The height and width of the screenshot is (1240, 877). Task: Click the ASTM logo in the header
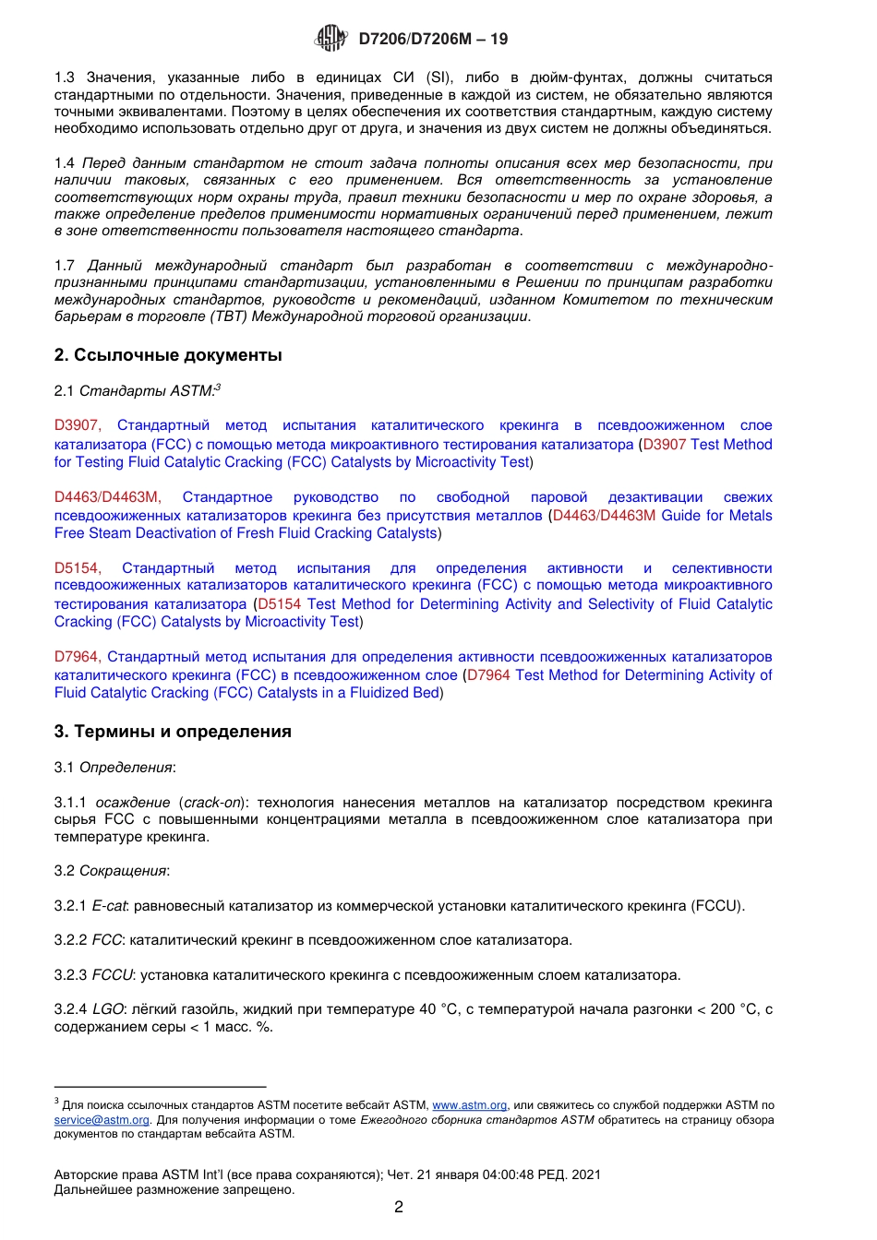(331, 38)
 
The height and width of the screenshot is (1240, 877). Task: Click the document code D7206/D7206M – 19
(433, 39)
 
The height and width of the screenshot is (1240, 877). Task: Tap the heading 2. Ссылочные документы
(168, 355)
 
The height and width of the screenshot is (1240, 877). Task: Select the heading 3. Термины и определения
(173, 732)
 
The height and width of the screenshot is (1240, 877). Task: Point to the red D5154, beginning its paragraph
(78, 568)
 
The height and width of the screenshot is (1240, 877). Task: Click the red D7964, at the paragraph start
(77, 657)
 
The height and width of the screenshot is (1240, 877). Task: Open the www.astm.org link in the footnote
(469, 1105)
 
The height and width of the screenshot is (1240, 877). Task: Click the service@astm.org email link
(102, 1120)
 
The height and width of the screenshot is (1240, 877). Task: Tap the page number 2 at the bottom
(399, 1207)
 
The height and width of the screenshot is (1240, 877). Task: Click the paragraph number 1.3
(64, 77)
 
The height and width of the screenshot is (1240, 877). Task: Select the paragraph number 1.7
(64, 266)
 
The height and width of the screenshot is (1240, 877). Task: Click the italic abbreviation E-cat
(109, 906)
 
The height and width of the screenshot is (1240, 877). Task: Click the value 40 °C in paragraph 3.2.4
(438, 1009)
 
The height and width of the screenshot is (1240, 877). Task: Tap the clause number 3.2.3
(70, 975)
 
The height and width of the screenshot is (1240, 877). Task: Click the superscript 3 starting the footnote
(56, 1102)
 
